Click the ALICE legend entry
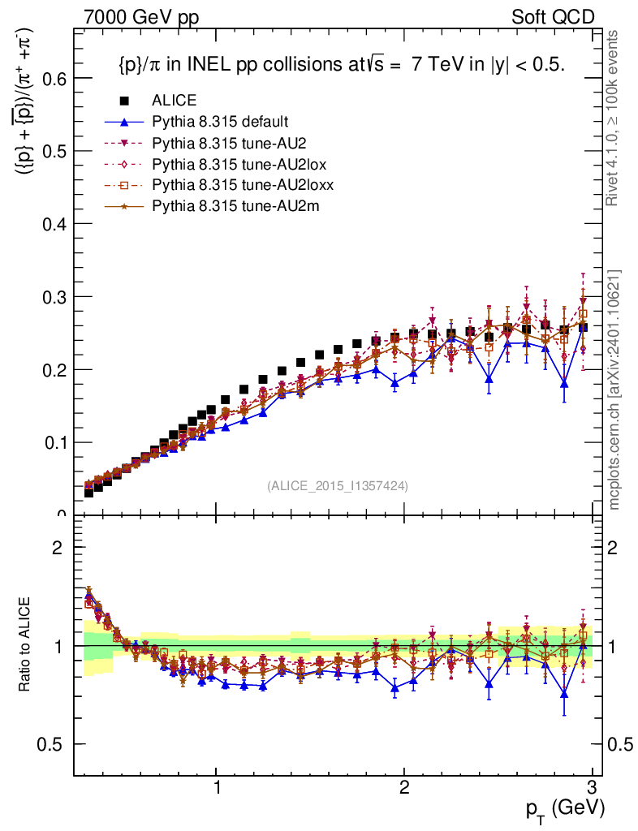pos(174,101)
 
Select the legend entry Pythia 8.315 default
pos(219,122)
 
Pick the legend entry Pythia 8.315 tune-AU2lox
pos(231,164)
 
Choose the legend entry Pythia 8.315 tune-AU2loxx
pos(235,185)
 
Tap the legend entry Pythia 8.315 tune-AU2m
pos(224,206)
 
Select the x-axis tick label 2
pos(404,788)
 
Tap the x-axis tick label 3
pos(592,788)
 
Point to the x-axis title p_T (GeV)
pos(565,808)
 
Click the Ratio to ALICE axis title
pos(26,645)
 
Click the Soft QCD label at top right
pos(553,16)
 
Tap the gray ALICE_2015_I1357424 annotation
pos(337,485)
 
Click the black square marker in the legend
pos(124,101)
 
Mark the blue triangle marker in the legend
pos(124,122)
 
